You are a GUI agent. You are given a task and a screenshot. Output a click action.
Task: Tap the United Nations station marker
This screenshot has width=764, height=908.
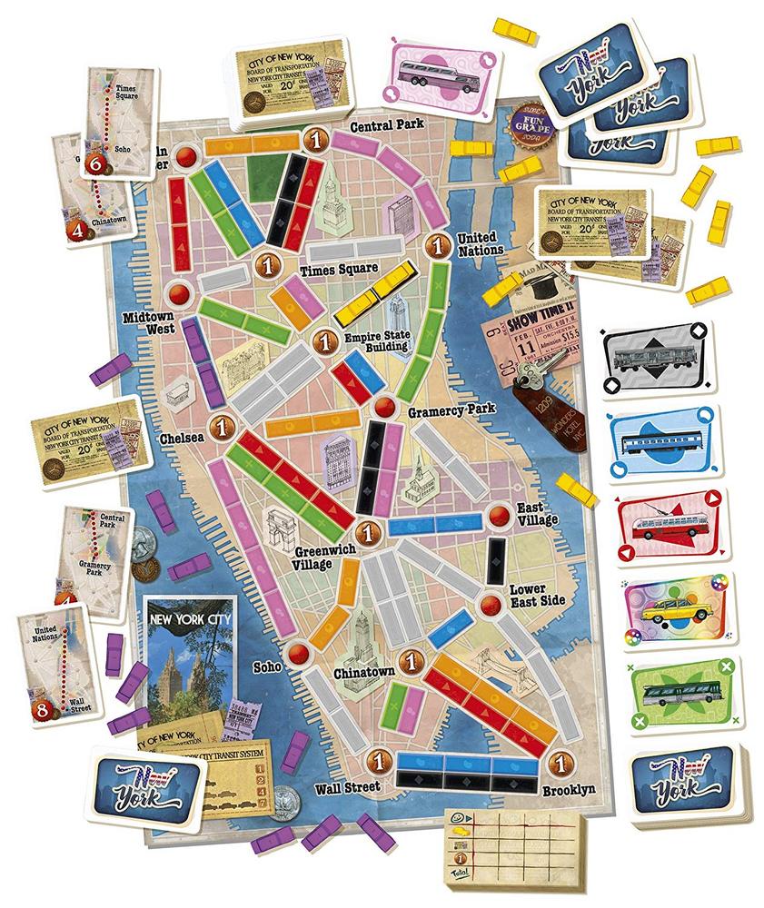coord(439,244)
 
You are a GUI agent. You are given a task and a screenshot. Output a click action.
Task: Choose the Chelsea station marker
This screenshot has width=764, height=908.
coord(220,426)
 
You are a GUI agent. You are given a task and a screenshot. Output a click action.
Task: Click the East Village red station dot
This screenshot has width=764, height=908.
coord(499,515)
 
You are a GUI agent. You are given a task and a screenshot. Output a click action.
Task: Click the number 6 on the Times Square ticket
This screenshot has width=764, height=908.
coord(98,163)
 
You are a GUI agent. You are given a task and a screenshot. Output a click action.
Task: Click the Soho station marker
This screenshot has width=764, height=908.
coord(298,654)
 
